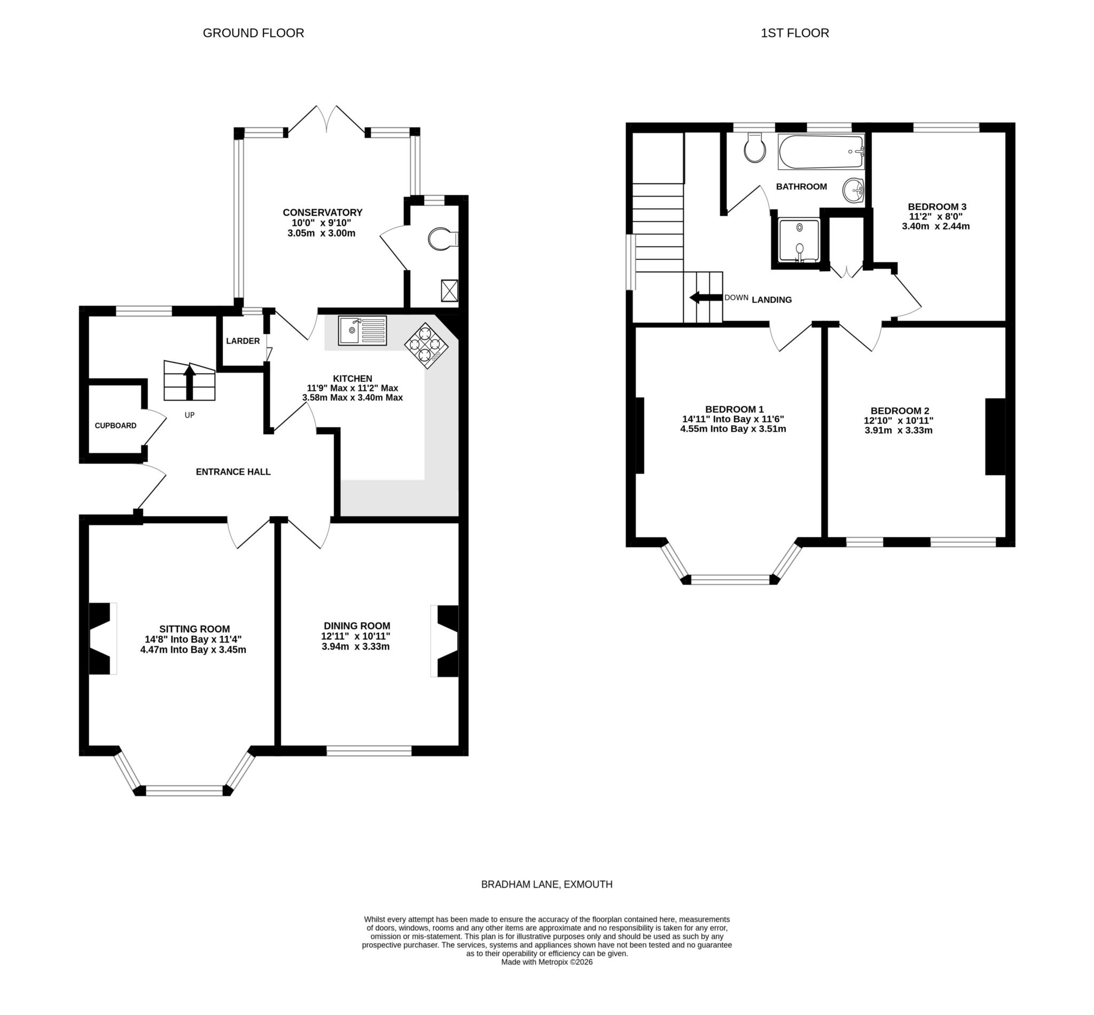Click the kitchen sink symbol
(362, 330)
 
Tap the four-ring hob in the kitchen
(426, 345)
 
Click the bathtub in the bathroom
(821, 151)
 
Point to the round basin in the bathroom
(853, 190)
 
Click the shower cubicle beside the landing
(799, 240)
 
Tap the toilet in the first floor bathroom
(755, 148)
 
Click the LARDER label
(243, 341)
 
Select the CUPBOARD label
(115, 426)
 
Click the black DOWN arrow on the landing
(706, 298)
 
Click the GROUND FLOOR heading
(253, 33)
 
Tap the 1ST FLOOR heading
(794, 33)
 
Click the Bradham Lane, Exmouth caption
(546, 884)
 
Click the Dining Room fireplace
(446, 640)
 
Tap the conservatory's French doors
(327, 120)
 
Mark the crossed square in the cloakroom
(449, 290)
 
